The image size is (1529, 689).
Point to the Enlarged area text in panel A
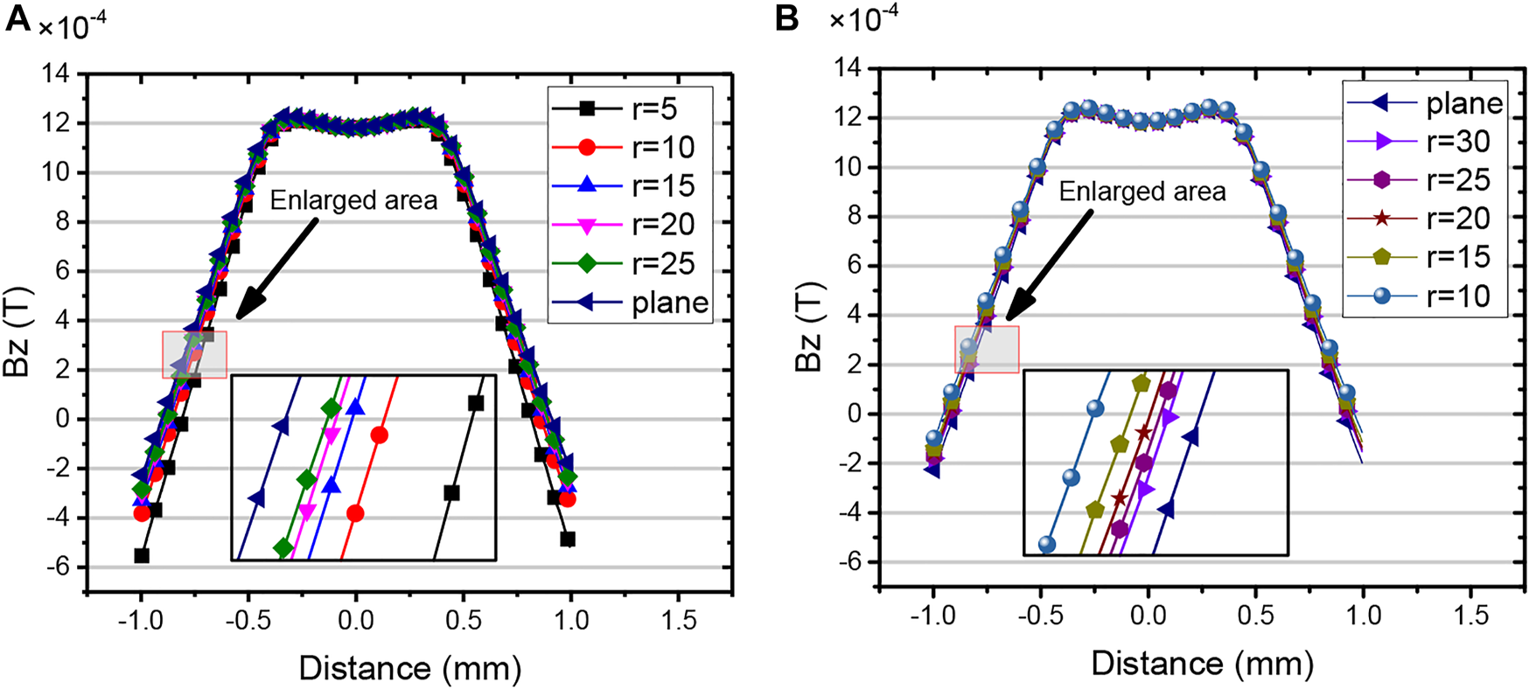pyautogui.click(x=353, y=200)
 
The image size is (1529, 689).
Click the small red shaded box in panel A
pyautogui.click(x=194, y=354)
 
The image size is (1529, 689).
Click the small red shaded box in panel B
pyautogui.click(x=987, y=349)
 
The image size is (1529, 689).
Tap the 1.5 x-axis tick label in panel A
pyautogui.click(x=679, y=620)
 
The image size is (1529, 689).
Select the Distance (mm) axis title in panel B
pyautogui.click(x=1202, y=665)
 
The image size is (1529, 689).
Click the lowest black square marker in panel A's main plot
pyautogui.click(x=141, y=555)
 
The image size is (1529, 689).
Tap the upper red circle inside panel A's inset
pyautogui.click(x=379, y=435)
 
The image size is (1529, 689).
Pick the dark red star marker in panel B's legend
pyautogui.click(x=1381, y=219)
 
